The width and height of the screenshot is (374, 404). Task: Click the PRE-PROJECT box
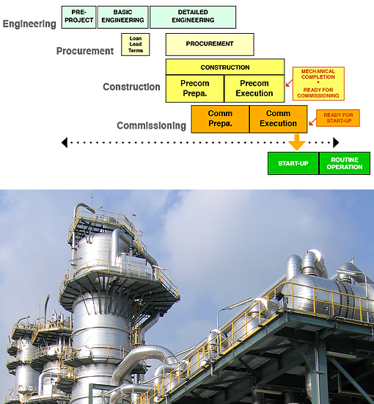click(78, 17)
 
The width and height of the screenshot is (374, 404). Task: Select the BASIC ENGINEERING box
click(123, 17)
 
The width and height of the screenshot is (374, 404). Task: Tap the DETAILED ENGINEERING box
click(193, 17)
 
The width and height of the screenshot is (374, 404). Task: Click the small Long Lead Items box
click(136, 44)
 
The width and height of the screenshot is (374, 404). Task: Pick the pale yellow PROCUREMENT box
click(210, 44)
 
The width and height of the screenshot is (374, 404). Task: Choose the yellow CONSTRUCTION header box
click(225, 67)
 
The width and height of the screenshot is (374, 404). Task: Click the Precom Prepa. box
click(195, 88)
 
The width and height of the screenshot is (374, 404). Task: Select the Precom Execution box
click(254, 88)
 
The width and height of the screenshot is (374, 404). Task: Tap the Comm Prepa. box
click(220, 119)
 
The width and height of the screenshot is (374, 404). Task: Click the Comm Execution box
click(279, 119)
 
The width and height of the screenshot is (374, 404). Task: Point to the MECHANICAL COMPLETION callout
click(318, 84)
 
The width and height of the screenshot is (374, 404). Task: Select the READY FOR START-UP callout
click(338, 118)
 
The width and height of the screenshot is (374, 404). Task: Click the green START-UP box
click(293, 163)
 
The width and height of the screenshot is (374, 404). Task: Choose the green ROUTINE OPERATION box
click(345, 163)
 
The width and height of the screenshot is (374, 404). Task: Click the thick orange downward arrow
click(297, 142)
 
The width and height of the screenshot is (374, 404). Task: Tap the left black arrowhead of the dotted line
click(65, 143)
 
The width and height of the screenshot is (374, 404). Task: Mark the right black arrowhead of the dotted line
click(336, 143)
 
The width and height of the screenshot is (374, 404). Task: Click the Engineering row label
click(29, 24)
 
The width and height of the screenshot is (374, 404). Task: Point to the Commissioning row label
click(152, 126)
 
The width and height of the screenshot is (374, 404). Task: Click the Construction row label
click(131, 87)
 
